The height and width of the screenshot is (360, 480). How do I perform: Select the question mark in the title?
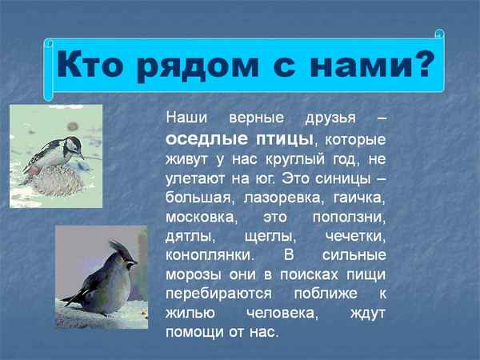423,63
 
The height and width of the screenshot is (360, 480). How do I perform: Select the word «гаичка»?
355,196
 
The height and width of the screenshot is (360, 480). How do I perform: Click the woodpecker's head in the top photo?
74,145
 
